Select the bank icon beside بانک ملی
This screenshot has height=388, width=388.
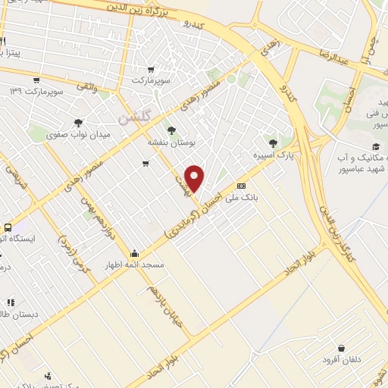(x=242, y=186)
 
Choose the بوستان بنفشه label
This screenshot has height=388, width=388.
(x=171, y=141)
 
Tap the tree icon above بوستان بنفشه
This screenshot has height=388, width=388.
(x=171, y=130)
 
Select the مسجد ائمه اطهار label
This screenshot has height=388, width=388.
(x=135, y=265)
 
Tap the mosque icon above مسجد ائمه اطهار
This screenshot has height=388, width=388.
(x=135, y=253)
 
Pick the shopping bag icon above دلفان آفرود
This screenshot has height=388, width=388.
(x=342, y=348)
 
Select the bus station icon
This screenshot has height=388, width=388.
(x=8, y=227)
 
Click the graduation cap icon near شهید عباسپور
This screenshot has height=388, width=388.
(x=375, y=146)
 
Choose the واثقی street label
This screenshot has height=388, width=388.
(x=83, y=89)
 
